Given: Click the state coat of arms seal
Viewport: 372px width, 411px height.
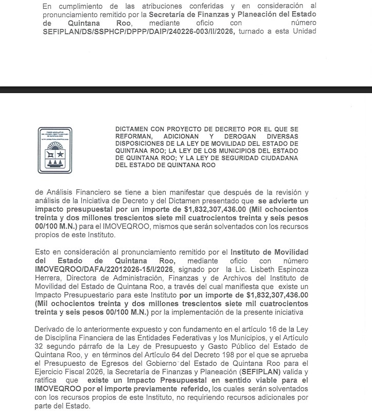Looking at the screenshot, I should pyautogui.click(x=55, y=150).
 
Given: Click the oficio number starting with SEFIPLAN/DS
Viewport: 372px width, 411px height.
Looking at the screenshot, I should pyautogui.click(x=138, y=31).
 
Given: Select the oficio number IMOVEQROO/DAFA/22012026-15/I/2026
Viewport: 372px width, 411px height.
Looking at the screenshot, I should pyautogui.click(x=104, y=270).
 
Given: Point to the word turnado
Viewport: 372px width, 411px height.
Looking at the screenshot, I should pyautogui.click(x=253, y=31).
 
